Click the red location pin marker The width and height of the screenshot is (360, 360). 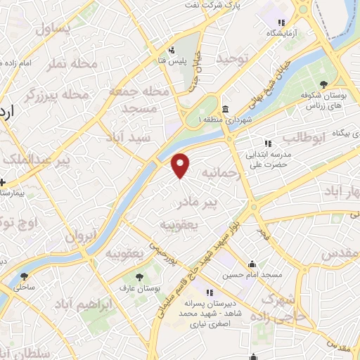click(x=181, y=165)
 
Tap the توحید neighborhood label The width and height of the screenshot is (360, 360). click(x=233, y=59)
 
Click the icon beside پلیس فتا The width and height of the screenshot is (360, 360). click(x=172, y=50)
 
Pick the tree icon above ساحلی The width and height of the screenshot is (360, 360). click(x=25, y=276)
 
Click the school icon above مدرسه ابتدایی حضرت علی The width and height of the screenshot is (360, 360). click(x=268, y=143)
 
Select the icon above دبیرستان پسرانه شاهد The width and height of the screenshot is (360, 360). click(x=209, y=292)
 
